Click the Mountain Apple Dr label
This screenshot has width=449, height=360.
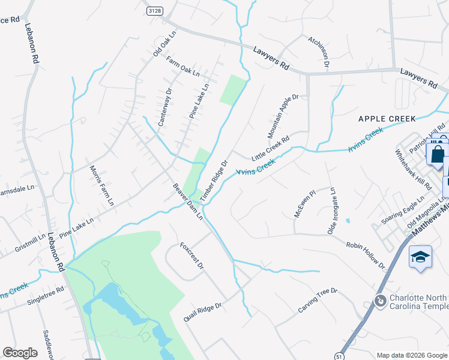coord(283,114)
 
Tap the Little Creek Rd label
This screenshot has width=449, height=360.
coord(270,148)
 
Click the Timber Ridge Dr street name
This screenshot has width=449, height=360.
coord(214,180)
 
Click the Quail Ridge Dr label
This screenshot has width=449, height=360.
coord(202,312)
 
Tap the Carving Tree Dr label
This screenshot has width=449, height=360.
coord(318,301)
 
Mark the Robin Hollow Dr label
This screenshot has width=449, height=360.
coord(365,254)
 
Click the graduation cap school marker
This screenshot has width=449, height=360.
coord(420,257)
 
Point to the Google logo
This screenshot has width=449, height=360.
coord(20,352)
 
